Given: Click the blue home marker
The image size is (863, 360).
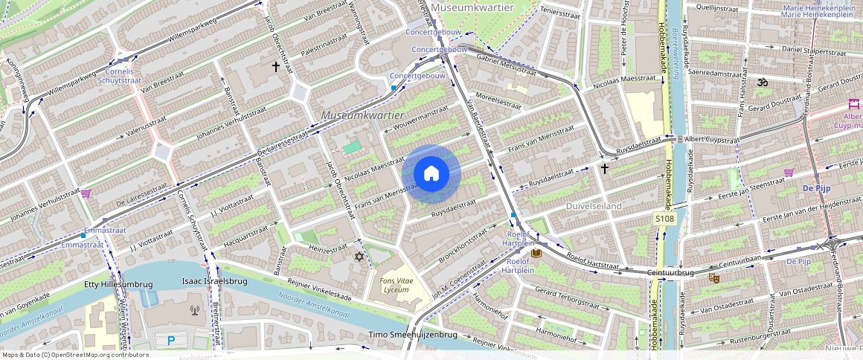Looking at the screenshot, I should [431, 174].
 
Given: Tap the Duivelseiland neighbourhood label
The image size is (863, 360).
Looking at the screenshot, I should [594, 205].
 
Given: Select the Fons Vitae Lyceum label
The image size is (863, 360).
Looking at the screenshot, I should [394, 284].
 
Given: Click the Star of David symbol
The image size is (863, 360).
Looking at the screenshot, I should [359, 257].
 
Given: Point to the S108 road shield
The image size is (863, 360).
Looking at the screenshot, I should [664, 219].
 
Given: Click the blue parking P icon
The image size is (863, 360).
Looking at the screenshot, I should [171, 341].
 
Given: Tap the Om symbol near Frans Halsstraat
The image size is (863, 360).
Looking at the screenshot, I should [761, 83].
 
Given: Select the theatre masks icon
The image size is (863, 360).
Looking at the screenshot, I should [714, 277].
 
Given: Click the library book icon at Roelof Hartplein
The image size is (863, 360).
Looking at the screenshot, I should [536, 253].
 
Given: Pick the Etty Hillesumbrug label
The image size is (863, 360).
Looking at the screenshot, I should [118, 284].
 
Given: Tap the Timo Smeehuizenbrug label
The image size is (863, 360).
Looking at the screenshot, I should [413, 335].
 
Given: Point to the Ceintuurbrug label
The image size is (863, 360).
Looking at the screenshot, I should [671, 273].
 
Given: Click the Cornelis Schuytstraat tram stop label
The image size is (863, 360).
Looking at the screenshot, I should [120, 76].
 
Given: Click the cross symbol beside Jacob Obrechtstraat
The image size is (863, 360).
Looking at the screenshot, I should [276, 67].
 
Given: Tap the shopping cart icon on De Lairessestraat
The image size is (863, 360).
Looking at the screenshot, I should [86, 194].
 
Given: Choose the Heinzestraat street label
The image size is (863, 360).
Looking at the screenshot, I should [327, 247].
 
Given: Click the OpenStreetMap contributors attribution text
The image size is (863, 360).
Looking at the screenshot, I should [74, 355].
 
